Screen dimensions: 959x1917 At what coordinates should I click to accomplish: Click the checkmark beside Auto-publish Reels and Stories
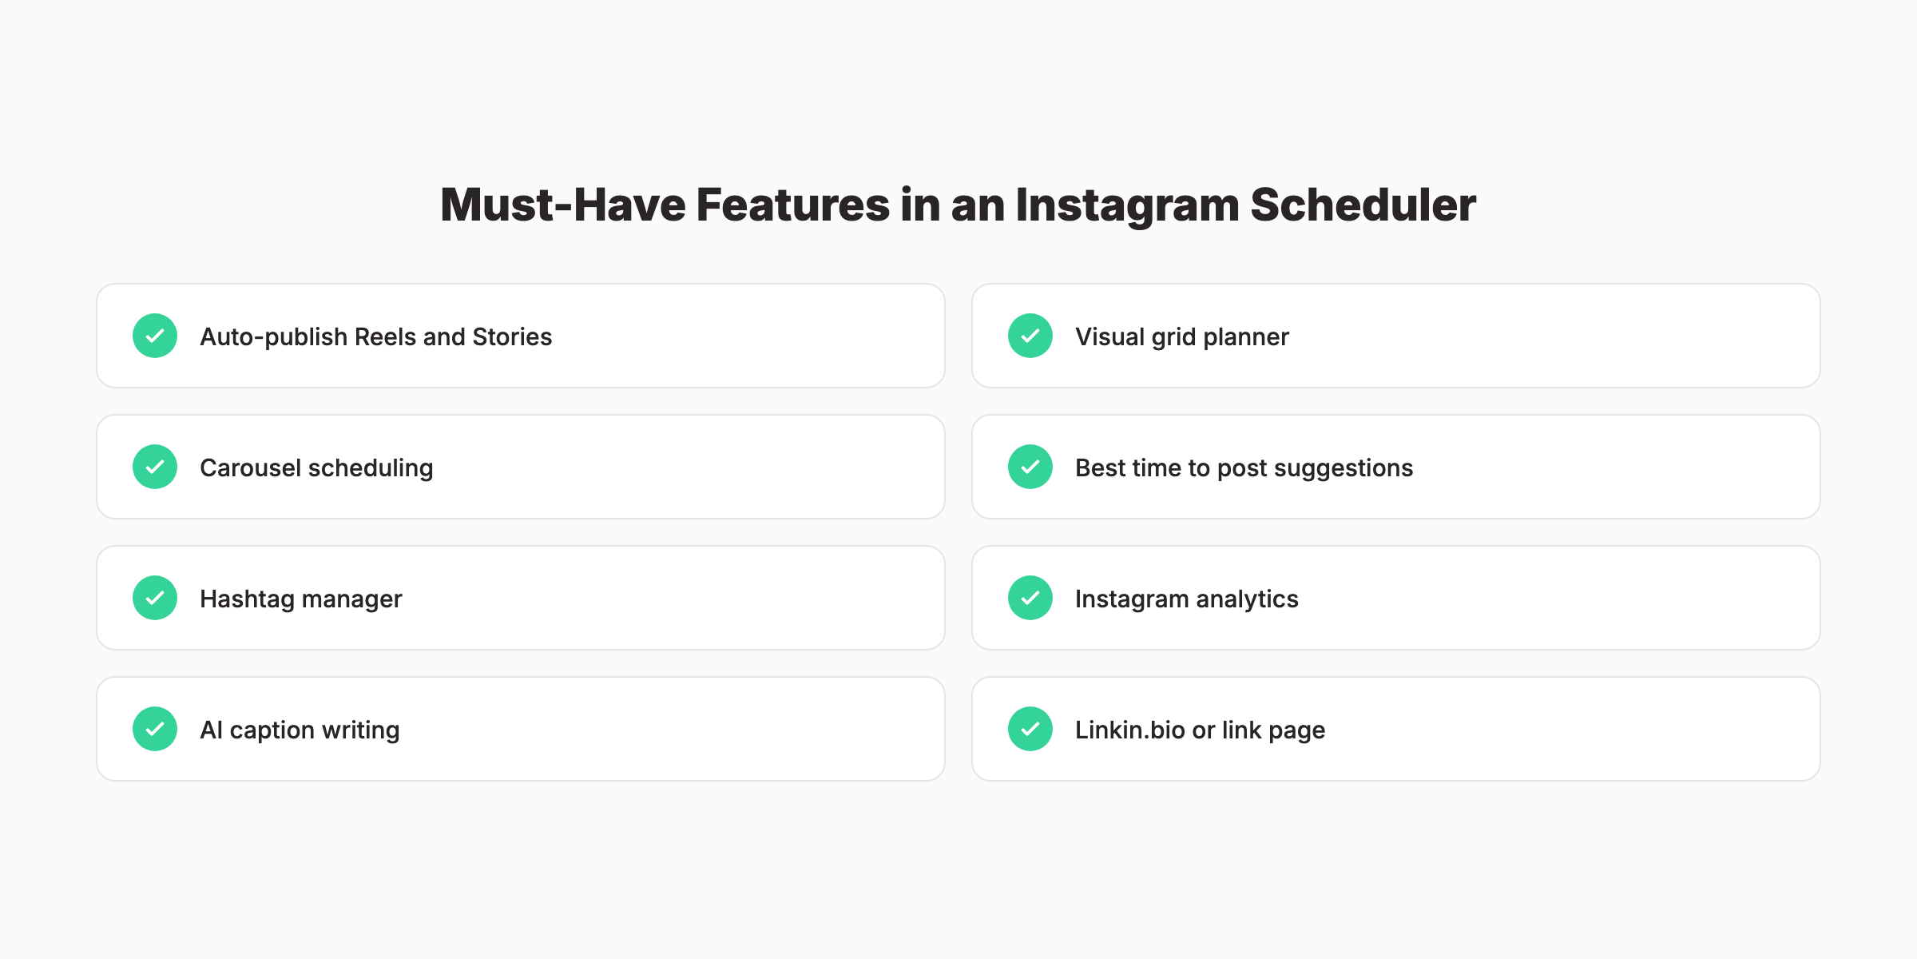[x=155, y=336]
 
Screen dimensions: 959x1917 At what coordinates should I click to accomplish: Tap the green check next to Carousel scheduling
[x=155, y=467]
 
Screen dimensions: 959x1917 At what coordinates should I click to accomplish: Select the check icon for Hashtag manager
[x=155, y=598]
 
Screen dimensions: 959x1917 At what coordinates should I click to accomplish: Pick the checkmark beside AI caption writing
[x=155, y=729]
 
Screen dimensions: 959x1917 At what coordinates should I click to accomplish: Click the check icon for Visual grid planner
[x=1030, y=336]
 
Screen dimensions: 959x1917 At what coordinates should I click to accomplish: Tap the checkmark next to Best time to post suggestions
[x=1030, y=467]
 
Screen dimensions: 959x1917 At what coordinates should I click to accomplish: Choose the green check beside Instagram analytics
[x=1030, y=598]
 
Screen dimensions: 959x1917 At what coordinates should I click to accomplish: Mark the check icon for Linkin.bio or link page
[x=1030, y=729]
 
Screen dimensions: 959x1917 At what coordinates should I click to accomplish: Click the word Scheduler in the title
[x=1363, y=205]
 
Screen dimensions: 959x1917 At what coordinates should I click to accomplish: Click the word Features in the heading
[x=792, y=205]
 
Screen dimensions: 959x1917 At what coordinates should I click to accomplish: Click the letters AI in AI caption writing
[x=211, y=730]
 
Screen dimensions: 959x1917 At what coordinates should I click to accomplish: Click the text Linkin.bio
[x=1129, y=730]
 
